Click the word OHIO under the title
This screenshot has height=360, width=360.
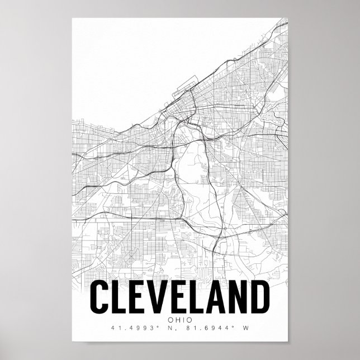179,320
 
